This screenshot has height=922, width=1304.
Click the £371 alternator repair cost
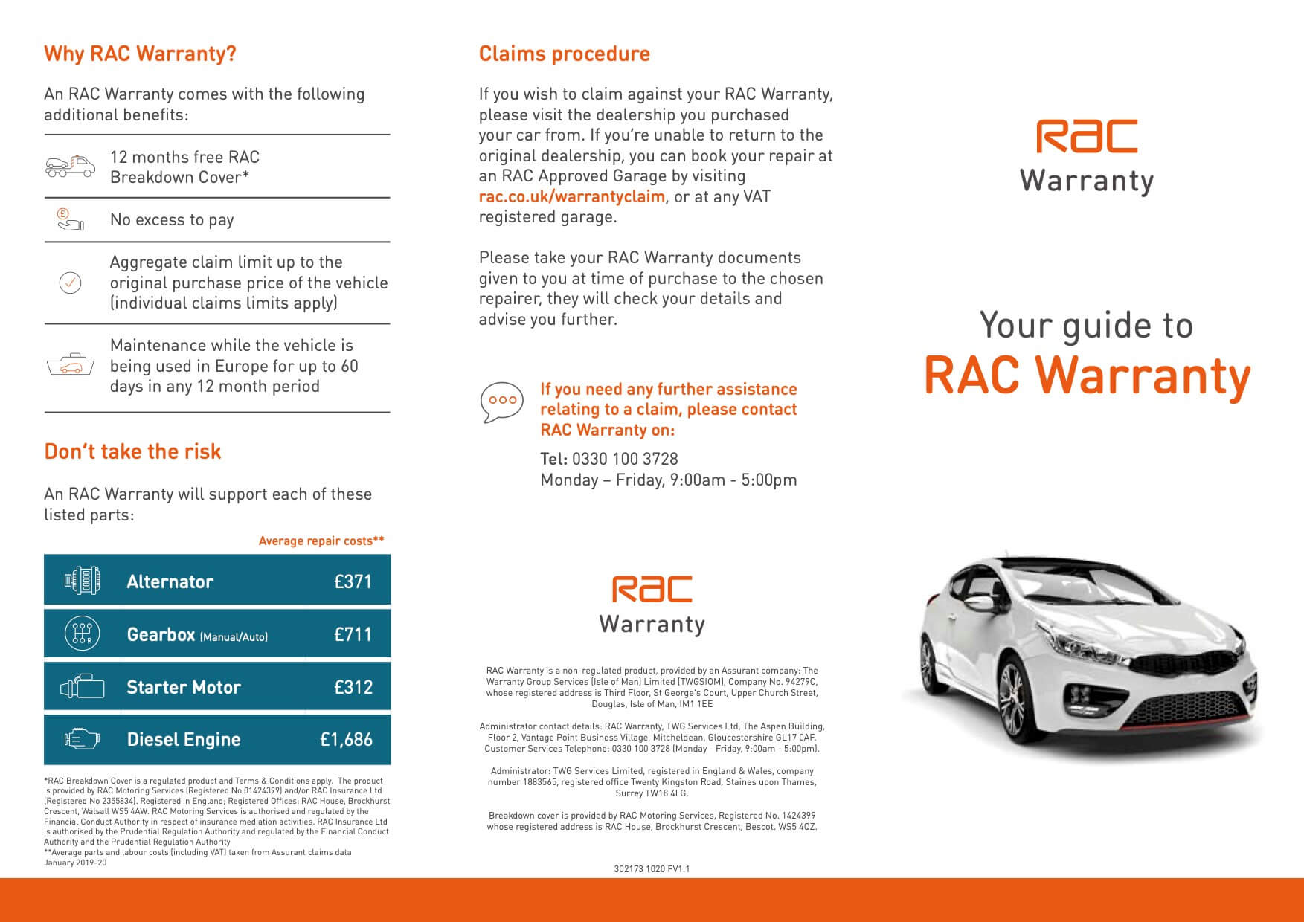coord(353,581)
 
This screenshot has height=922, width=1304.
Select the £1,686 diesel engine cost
coord(346,739)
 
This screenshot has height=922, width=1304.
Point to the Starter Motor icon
coord(82,687)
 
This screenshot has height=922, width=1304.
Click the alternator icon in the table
coord(82,580)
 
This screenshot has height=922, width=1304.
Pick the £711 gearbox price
coord(353,634)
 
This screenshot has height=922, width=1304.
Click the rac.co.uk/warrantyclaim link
coord(571,196)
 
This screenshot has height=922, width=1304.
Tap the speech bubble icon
coord(502,402)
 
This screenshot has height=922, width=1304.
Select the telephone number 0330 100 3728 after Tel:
coord(625,459)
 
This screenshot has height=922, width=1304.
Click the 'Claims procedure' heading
coord(564,54)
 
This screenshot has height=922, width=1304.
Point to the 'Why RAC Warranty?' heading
coord(140,54)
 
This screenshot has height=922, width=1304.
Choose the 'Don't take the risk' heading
coord(132,451)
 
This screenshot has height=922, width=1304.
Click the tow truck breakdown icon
coord(71,167)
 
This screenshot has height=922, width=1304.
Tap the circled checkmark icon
coord(70,283)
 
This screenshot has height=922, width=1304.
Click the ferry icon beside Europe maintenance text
coord(71,365)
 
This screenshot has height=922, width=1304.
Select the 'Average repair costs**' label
coord(321,541)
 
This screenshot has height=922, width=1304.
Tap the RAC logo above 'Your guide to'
coord(1087,137)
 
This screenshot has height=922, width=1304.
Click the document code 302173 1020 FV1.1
coord(652,868)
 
